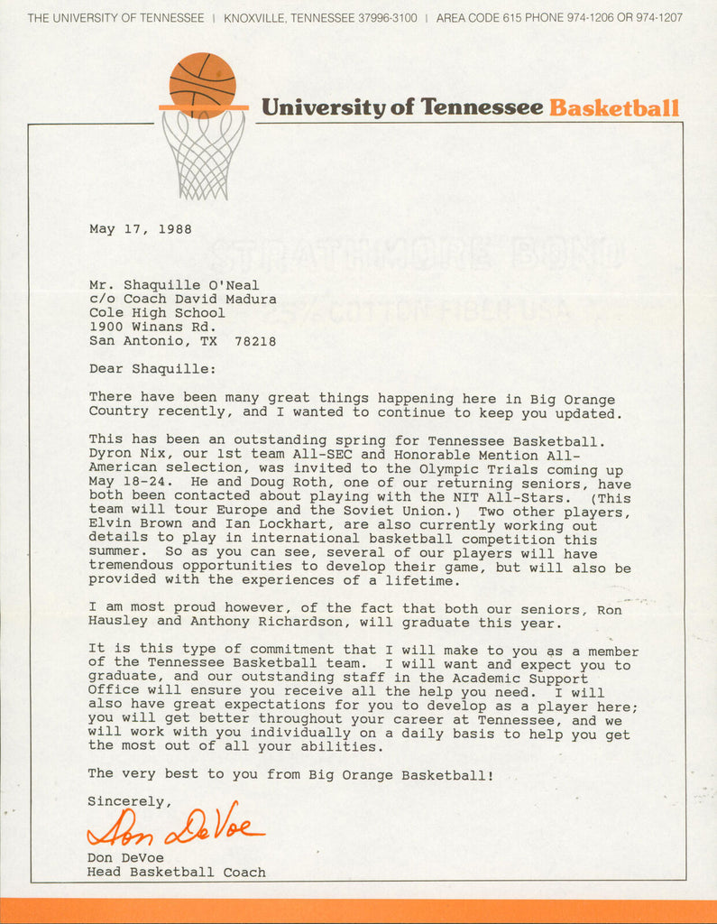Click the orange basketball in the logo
coord(202,84)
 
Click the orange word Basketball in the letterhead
coord(613,108)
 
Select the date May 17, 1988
coord(140,229)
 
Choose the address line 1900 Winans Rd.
coord(152,327)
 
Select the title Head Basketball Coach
coord(176,873)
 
